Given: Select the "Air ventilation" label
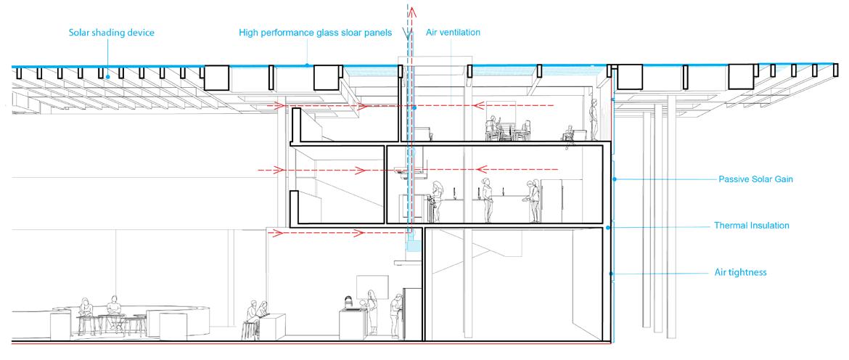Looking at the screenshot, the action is coord(454,33).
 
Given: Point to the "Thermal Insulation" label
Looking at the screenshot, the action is coord(751,226).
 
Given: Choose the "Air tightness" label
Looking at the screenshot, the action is coord(740,273).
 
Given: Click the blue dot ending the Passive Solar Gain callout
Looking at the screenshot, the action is coord(615,179).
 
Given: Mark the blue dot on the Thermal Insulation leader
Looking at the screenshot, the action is coord(607,228).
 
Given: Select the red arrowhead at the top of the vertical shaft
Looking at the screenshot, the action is coord(412,10).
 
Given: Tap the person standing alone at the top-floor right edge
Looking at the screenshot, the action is coord(593,120).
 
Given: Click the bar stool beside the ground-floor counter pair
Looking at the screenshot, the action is coord(250,330).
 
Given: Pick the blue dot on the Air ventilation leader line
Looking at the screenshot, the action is coord(414,107).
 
